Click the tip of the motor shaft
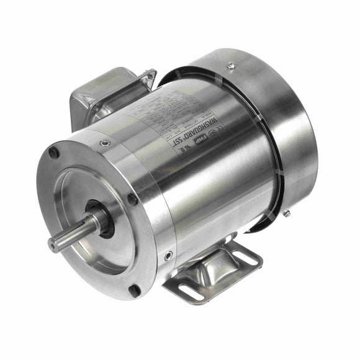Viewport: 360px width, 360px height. pyautogui.click(x=54, y=244)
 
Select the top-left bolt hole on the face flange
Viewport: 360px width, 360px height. pyautogui.click(x=54, y=152)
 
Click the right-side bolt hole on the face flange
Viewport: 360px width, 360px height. pyautogui.click(x=132, y=200)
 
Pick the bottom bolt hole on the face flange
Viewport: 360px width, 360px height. pyautogui.click(x=135, y=290)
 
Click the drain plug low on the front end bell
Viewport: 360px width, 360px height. pyautogui.click(x=168, y=254)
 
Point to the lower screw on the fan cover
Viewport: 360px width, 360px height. pyautogui.click(x=286, y=214)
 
